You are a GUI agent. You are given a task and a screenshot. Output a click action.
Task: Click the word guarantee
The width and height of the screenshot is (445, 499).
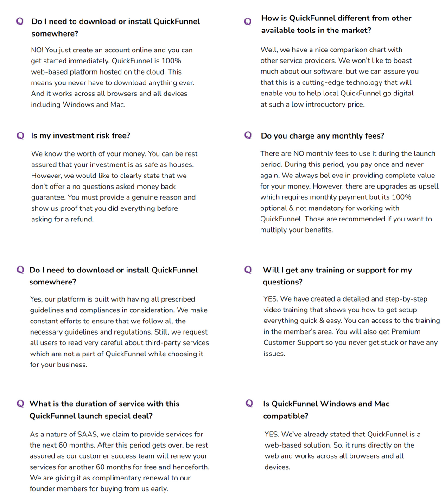point(49,197)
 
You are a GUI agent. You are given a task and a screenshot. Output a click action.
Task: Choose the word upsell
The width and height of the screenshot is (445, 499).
point(426,186)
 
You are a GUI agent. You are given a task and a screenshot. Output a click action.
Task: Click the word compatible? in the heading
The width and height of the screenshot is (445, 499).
point(286,416)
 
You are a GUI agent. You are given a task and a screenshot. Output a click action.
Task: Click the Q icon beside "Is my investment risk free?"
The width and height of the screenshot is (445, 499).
point(20,136)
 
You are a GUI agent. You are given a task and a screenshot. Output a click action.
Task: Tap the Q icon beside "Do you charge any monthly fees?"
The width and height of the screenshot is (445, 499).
point(248,135)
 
